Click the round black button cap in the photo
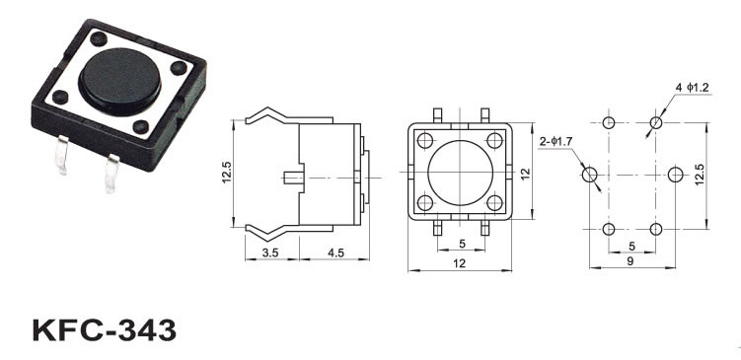(119, 81)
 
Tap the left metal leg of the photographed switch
(61, 154)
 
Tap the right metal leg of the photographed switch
(111, 173)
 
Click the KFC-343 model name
(104, 329)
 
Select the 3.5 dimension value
(270, 252)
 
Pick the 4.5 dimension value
(335, 252)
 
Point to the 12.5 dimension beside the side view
(226, 172)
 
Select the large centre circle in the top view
(460, 173)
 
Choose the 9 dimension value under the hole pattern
(630, 260)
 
